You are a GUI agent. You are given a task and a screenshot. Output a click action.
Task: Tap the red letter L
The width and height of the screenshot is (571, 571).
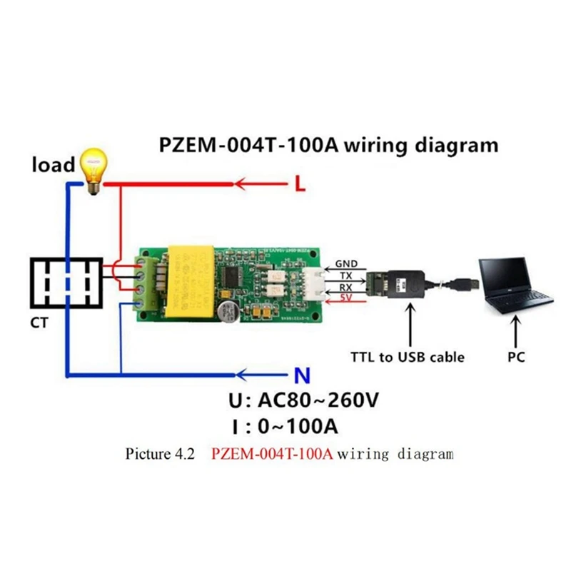point(300,185)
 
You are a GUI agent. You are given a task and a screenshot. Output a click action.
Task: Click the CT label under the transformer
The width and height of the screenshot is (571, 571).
point(39,323)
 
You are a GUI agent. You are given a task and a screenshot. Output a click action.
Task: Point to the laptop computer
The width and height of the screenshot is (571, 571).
point(515,285)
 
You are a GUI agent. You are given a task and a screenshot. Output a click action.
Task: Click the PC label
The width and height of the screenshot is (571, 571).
point(516,356)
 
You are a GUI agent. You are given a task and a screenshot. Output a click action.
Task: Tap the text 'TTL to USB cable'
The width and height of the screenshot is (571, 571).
point(407,356)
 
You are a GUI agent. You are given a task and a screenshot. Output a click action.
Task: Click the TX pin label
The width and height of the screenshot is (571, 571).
point(345,276)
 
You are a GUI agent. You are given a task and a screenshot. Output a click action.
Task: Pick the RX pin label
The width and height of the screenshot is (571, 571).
point(345,287)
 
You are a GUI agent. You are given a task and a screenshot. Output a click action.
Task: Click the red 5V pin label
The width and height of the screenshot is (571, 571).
point(345,298)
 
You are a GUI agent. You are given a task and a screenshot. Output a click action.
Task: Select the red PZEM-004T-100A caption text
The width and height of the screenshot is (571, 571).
point(272,454)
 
